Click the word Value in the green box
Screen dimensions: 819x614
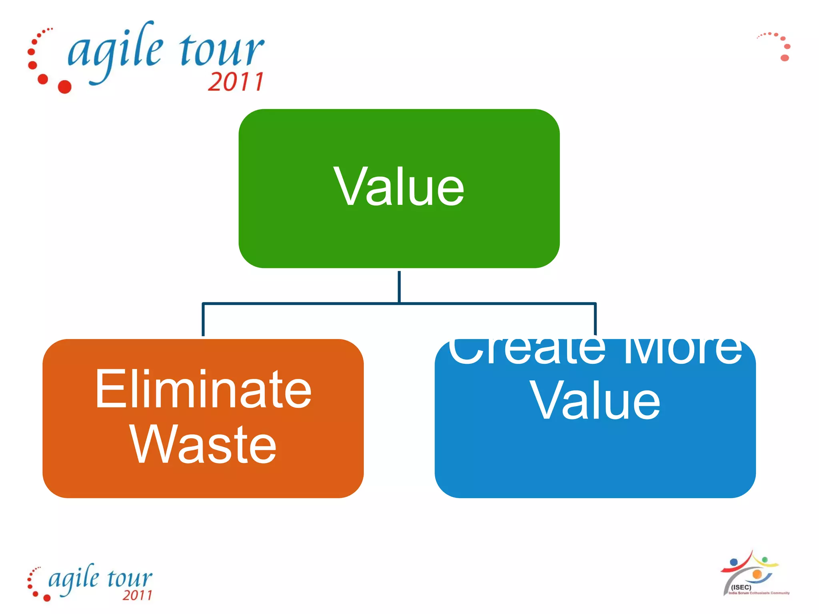click(x=399, y=187)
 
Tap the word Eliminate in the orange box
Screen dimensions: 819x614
click(x=203, y=390)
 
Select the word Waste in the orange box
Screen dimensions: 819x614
click(x=203, y=445)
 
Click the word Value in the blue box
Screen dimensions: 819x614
click(x=595, y=401)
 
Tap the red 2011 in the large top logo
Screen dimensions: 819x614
click(x=236, y=82)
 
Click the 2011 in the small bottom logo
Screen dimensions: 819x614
click(x=138, y=595)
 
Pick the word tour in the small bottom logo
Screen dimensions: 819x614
click(x=130, y=578)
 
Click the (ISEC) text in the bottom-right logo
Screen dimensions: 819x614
click(x=741, y=587)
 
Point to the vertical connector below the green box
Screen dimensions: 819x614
click(x=399, y=286)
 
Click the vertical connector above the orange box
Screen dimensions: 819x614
click(x=203, y=320)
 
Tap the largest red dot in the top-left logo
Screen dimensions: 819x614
click(x=65, y=86)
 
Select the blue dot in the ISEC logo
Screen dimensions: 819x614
click(x=734, y=562)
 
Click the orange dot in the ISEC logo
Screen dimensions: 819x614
click(x=757, y=574)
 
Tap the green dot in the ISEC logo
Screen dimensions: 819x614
click(x=765, y=559)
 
